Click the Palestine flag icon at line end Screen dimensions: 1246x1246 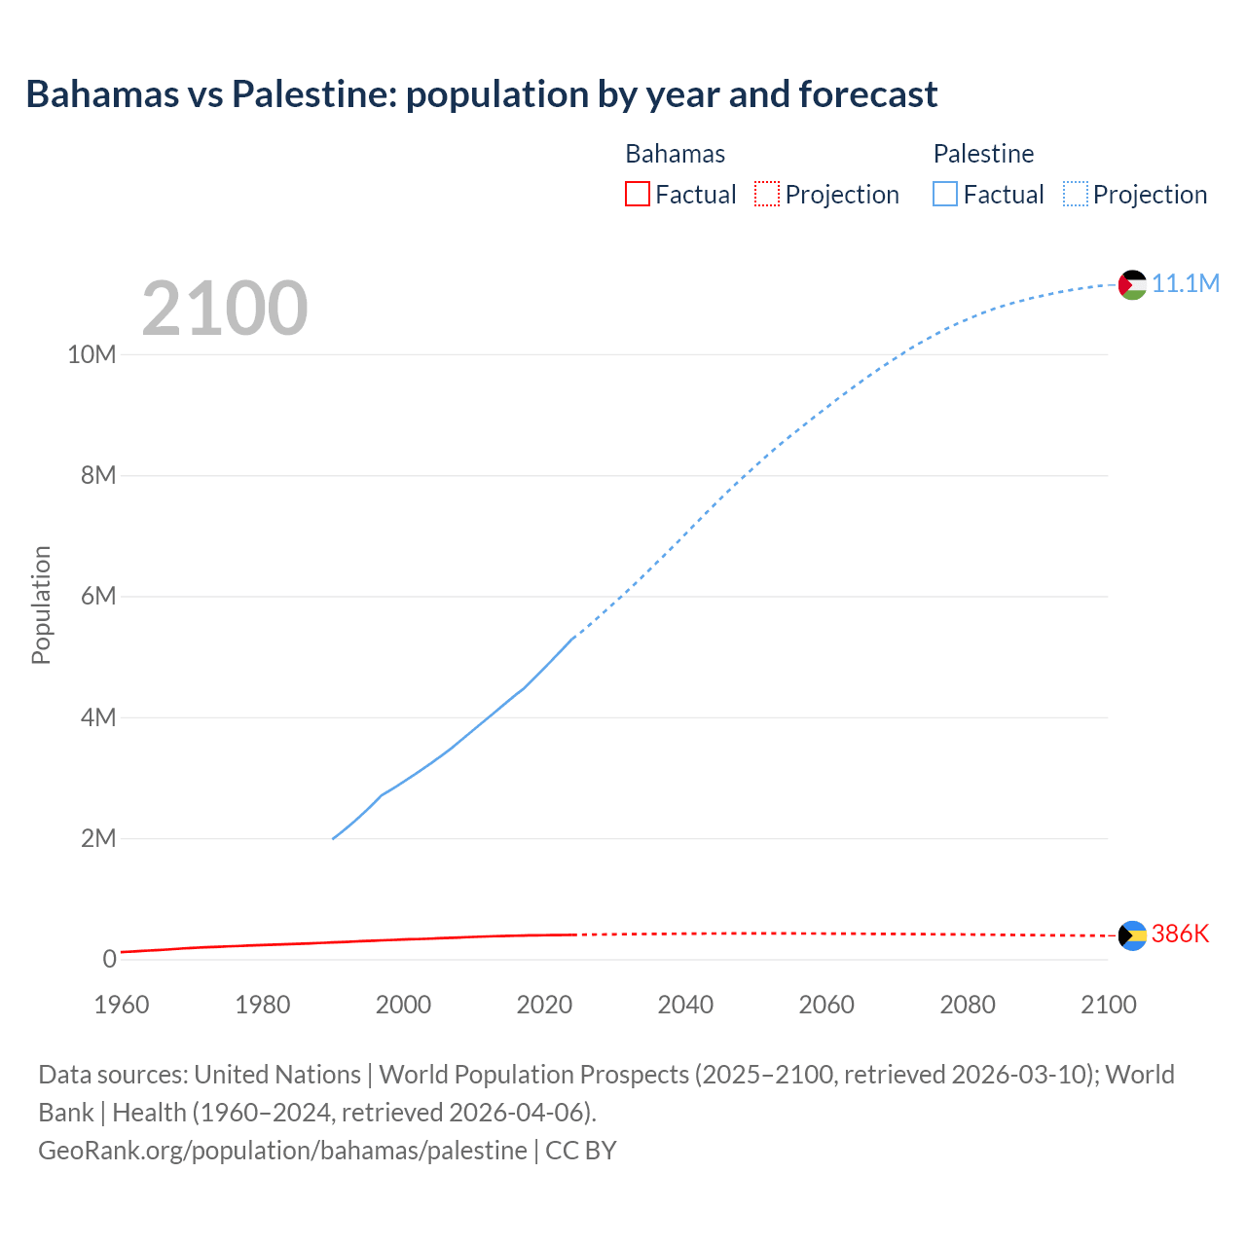point(1132,284)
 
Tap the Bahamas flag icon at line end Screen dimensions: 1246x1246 point(1132,935)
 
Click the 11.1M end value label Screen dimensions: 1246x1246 point(1186,283)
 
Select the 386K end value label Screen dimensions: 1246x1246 point(1180,934)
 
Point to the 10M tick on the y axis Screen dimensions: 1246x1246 point(92,354)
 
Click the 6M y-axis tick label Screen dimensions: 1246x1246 point(98,596)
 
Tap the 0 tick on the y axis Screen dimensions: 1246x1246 point(109,959)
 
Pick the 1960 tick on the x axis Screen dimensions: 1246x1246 point(122,1005)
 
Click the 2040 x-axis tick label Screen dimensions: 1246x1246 point(685,1005)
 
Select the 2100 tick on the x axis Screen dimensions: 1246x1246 point(1108,1005)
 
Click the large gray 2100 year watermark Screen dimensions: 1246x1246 point(225,309)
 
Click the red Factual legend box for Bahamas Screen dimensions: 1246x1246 point(637,195)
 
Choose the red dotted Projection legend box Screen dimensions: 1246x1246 point(767,195)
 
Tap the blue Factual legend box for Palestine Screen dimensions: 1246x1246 point(944,195)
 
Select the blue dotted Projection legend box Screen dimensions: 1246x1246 point(1076,195)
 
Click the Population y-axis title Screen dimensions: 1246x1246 point(41,605)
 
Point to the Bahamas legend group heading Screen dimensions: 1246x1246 point(675,154)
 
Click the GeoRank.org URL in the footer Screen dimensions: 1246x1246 point(282,1150)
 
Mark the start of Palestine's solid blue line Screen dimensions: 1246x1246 point(333,838)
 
